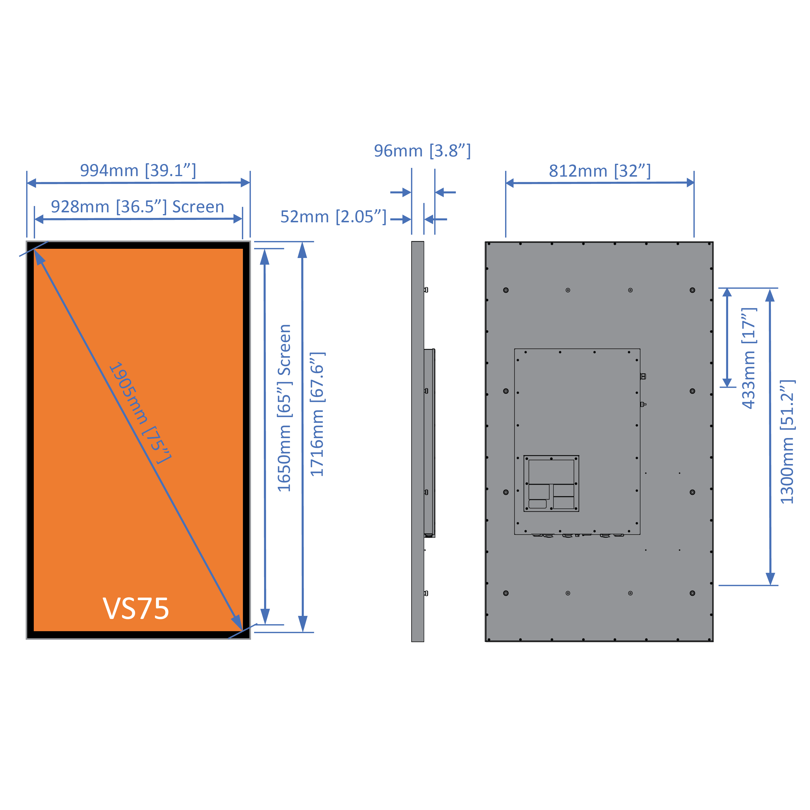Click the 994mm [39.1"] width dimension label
tap(138, 171)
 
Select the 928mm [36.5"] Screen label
tap(138, 207)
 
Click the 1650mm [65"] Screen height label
tap(285, 408)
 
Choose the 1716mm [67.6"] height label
tap(317, 414)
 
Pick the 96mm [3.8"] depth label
tap(422, 151)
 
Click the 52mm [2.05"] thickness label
tap(333, 217)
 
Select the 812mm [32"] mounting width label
tap(600, 171)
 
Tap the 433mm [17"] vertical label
tap(749, 358)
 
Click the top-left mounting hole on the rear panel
tap(506, 290)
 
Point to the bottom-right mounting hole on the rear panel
tap(692, 593)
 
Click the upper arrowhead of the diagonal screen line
tap(39, 257)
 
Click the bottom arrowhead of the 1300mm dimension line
tap(770, 578)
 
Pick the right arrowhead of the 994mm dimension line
tap(246, 182)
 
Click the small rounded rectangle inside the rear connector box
tap(537, 504)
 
